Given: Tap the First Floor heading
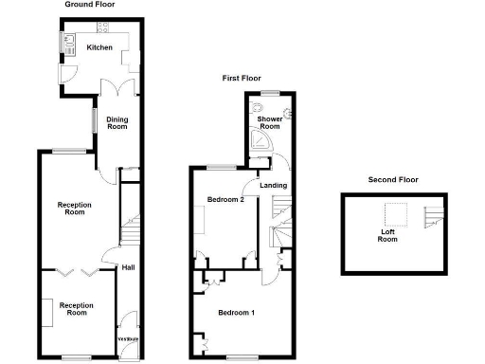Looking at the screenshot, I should [x=242, y=79].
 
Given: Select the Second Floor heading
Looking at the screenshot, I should [x=393, y=179].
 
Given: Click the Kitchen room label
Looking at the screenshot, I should [x=99, y=47].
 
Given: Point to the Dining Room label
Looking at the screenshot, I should [x=117, y=122].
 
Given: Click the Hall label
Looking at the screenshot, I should [x=127, y=267].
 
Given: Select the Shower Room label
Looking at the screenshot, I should [x=270, y=122].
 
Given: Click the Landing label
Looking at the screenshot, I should [x=274, y=186].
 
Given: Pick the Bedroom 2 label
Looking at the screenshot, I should [x=226, y=200].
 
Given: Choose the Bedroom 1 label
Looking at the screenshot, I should [x=235, y=313].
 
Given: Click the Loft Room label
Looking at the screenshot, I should [x=387, y=236].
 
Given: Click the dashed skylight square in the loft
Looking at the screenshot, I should [x=394, y=215].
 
